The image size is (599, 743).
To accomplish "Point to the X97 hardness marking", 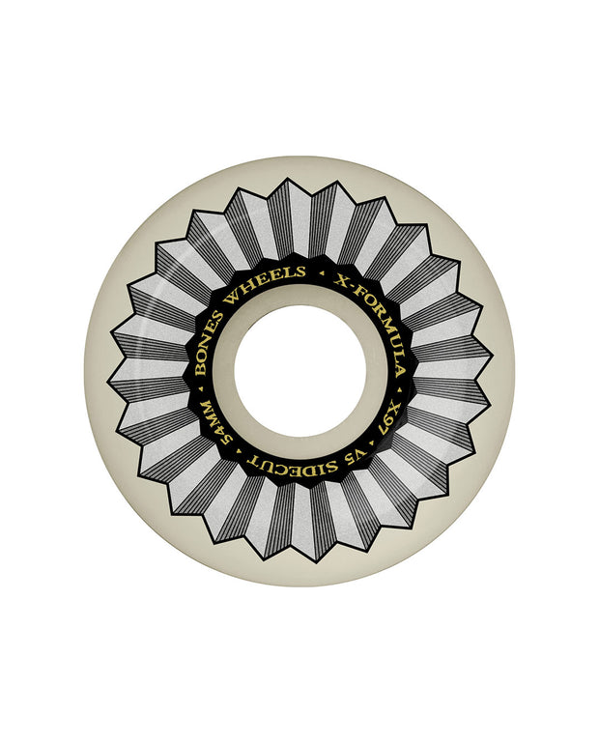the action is click(389, 421).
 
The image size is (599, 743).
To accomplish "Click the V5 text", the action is click(360, 456).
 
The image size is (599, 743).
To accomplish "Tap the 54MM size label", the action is click(215, 423).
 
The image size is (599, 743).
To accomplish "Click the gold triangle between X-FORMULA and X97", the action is click(398, 389).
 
